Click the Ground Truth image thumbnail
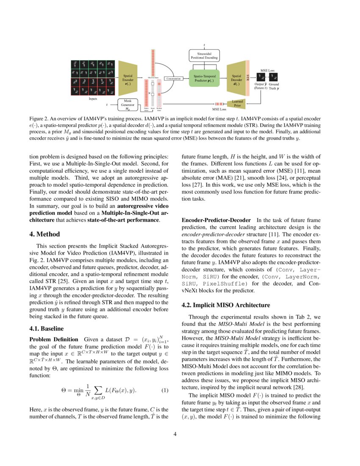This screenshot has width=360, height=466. (274, 78)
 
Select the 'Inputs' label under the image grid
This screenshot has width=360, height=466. (93, 99)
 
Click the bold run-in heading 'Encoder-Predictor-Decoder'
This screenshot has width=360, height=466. (216, 220)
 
